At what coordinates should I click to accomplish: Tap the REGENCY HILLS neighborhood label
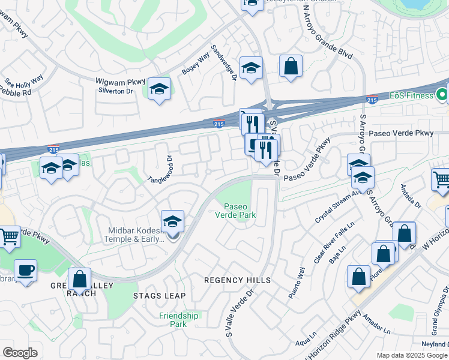click(x=237, y=280)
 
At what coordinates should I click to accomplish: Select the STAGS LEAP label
click(x=159, y=296)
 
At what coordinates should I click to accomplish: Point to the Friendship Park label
click(x=179, y=320)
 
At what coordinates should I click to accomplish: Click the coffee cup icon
click(x=25, y=271)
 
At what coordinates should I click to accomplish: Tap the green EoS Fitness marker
click(x=442, y=95)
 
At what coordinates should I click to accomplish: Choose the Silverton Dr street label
click(x=115, y=91)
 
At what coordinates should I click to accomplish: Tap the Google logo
click(x=20, y=353)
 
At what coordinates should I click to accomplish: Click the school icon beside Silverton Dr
click(x=159, y=89)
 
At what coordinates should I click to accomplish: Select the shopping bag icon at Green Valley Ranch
click(x=79, y=279)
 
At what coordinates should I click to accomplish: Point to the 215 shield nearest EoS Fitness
click(x=372, y=100)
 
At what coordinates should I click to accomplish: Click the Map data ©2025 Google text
click(x=412, y=355)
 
